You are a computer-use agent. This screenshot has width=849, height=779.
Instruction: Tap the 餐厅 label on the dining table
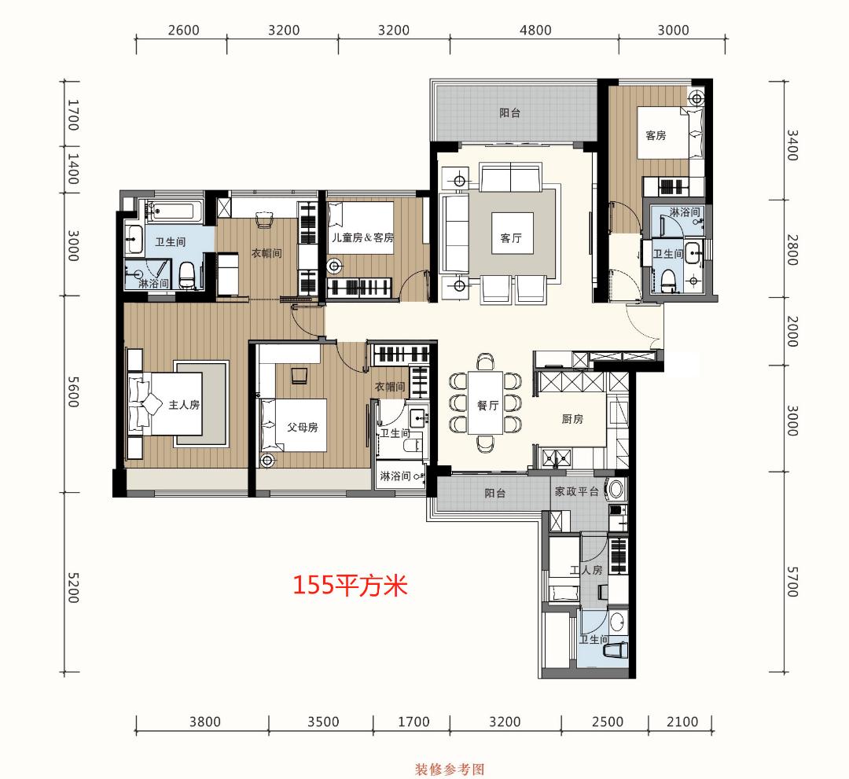[487, 406]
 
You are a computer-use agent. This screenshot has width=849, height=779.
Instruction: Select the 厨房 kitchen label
[572, 419]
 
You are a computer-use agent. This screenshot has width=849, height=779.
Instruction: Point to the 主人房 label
[184, 405]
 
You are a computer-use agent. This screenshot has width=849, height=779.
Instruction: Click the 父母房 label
[302, 428]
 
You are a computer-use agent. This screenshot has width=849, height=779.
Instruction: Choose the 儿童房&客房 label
[362, 237]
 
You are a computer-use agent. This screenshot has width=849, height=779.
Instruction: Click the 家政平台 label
[577, 492]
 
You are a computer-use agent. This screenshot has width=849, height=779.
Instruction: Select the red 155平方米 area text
[350, 585]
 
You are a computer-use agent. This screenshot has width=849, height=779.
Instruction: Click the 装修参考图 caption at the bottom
[450, 768]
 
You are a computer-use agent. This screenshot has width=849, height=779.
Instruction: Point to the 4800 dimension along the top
[535, 31]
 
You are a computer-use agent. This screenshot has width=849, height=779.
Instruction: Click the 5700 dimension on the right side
[791, 580]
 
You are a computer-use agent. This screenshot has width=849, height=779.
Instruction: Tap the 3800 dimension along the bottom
[204, 722]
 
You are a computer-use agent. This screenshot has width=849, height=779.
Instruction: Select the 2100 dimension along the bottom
[681, 722]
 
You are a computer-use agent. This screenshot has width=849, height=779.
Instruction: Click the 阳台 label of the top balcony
[510, 112]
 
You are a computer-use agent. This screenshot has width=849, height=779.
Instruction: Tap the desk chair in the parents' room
[300, 376]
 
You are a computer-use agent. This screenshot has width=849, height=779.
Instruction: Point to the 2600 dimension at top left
[184, 31]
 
